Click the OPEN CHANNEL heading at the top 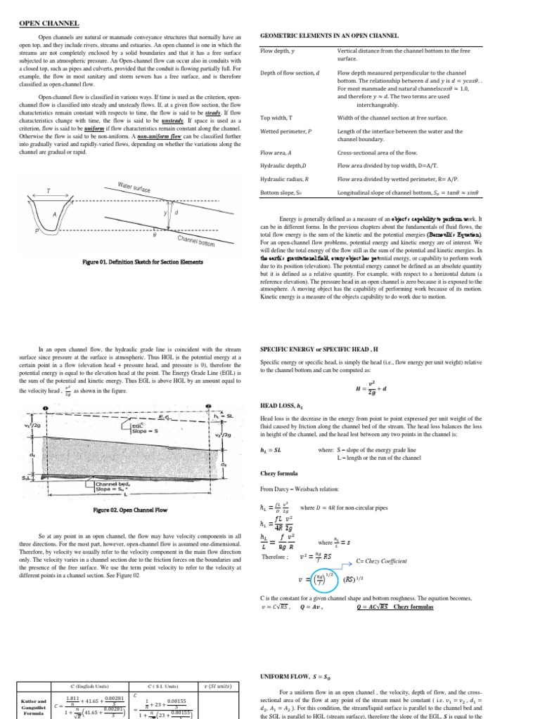(x=49, y=23)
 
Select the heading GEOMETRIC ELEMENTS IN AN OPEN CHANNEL (x=329, y=35)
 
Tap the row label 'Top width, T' (x=276, y=117)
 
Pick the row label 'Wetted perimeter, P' (x=285, y=131)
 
